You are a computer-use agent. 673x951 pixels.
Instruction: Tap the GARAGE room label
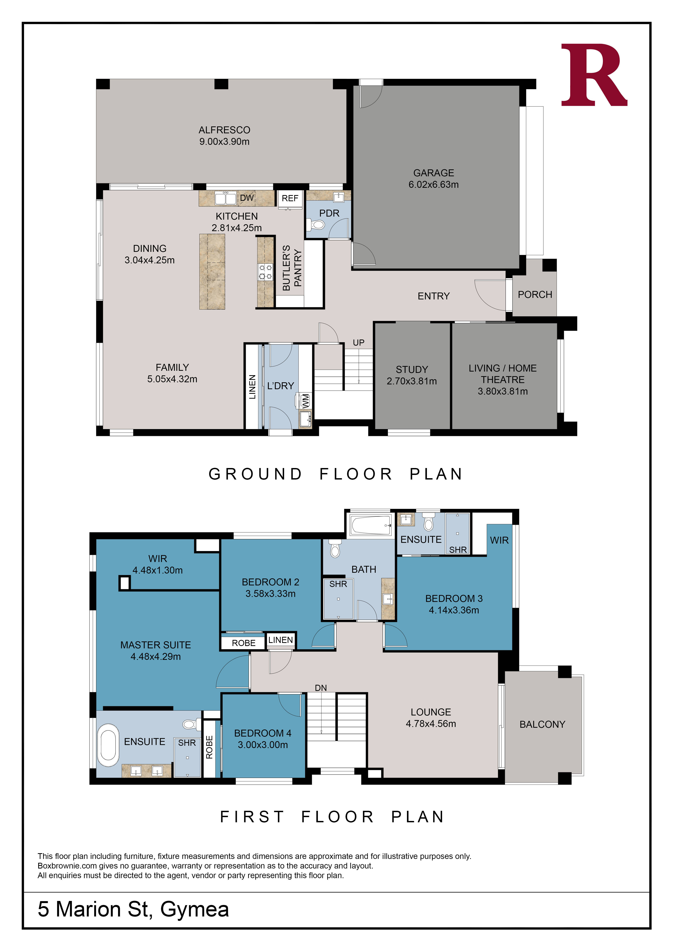coord(433,173)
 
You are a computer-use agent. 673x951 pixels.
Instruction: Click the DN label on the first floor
coord(321,688)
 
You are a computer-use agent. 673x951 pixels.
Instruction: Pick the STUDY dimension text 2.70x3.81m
coord(412,381)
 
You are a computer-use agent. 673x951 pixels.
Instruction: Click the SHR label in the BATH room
coord(338,584)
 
